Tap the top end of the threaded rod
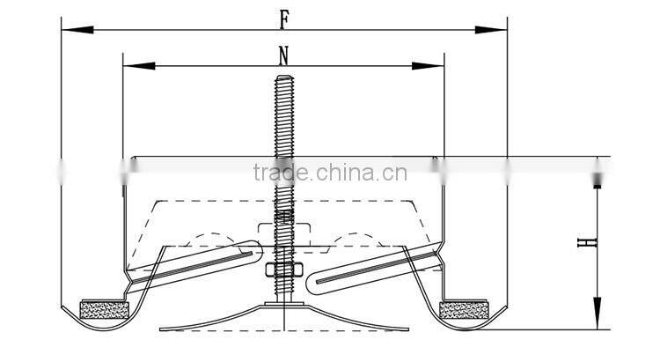[x=283, y=78]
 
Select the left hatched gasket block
[x=103, y=309]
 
